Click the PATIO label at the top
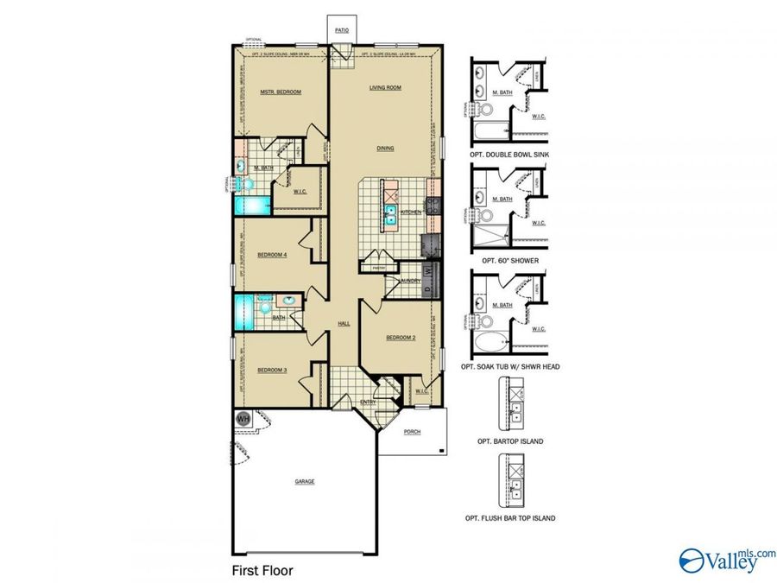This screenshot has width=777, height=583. click(x=343, y=29)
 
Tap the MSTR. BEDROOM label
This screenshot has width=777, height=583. click(x=281, y=92)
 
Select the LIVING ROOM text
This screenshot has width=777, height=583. click(x=386, y=87)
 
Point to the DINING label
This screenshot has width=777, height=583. click(x=385, y=148)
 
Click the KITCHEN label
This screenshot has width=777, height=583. click(x=410, y=212)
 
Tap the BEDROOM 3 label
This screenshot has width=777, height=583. click(x=272, y=371)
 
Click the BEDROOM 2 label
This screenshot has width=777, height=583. click(x=401, y=338)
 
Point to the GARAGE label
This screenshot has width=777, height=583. click(x=304, y=481)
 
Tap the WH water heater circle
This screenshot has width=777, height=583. click(x=243, y=418)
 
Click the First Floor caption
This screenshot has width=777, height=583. click(x=262, y=571)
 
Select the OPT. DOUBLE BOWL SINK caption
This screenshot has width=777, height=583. click(x=509, y=154)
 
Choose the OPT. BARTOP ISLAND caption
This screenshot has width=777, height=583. click(x=509, y=441)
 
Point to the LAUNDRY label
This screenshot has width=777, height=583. click(x=409, y=281)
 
